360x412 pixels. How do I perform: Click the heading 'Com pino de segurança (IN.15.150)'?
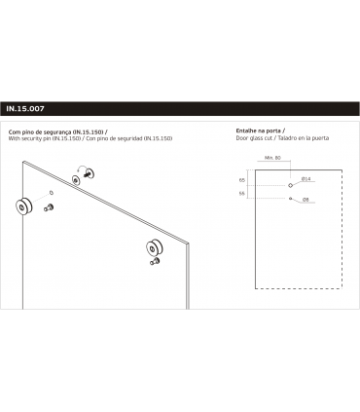(53, 131)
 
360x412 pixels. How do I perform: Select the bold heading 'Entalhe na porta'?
(258, 131)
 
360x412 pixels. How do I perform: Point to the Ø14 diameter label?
(306, 180)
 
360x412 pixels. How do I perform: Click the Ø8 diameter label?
(305, 198)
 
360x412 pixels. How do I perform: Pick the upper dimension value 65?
(241, 180)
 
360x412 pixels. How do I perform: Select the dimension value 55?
(241, 194)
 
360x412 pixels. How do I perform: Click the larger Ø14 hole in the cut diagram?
(291, 183)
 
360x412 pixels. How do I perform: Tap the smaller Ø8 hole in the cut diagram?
(291, 198)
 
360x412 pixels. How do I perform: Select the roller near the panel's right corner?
(153, 246)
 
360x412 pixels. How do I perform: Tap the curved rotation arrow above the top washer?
(90, 172)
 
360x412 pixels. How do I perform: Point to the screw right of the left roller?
(48, 207)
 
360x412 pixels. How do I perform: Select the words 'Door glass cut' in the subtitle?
(256, 138)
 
